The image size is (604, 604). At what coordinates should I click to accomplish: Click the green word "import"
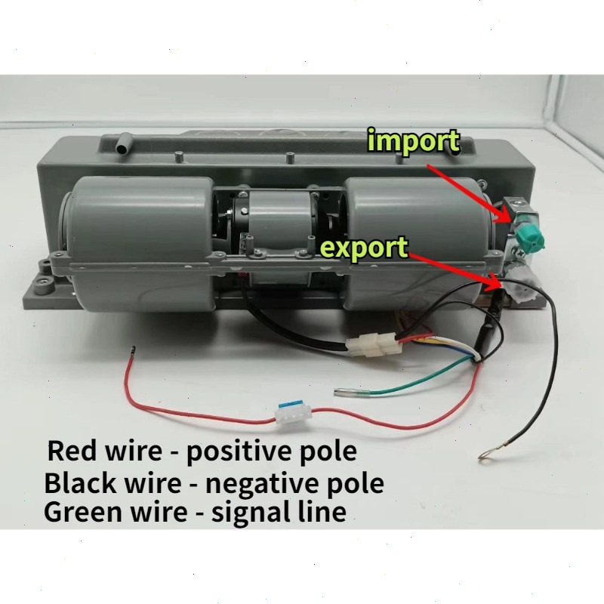coord(413,140)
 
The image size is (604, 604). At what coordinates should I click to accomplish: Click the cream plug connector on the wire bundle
coord(373,347)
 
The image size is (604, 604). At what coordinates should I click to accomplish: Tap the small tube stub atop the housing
coord(121,144)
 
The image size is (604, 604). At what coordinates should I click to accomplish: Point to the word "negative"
coord(257,483)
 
